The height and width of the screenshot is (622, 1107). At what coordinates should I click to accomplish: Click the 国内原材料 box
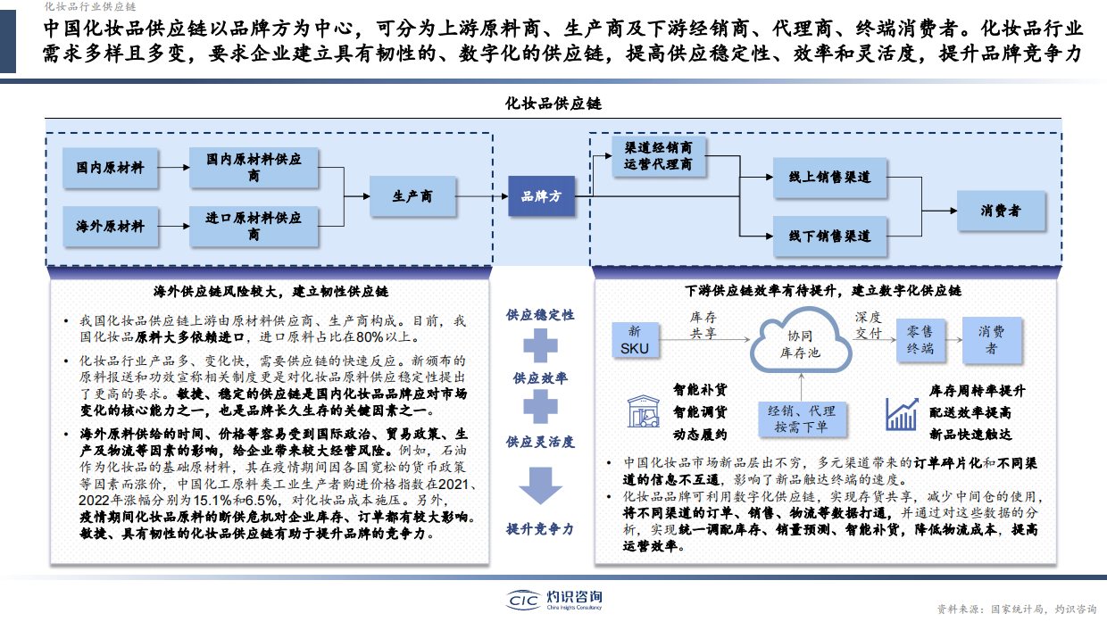pyautogui.click(x=110, y=168)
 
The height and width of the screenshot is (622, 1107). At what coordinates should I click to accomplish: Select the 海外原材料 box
pyautogui.click(x=110, y=227)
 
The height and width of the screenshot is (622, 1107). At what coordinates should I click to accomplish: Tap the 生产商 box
pyautogui.click(x=413, y=196)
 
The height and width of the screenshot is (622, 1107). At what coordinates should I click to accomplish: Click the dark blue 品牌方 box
pyautogui.click(x=542, y=196)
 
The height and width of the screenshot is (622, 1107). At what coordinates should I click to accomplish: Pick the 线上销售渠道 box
pyautogui.click(x=829, y=177)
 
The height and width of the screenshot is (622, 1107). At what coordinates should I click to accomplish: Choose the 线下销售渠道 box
pyautogui.click(x=829, y=236)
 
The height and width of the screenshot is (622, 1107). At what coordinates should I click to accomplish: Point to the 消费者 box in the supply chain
pyautogui.click(x=1001, y=211)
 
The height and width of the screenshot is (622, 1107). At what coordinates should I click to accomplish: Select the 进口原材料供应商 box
pyautogui.click(x=254, y=226)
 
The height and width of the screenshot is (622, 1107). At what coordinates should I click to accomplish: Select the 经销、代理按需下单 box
pyautogui.click(x=800, y=419)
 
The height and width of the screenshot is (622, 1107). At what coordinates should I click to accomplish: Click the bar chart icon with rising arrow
pyautogui.click(x=902, y=413)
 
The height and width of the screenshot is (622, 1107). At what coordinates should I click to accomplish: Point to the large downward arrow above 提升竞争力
pyautogui.click(x=541, y=488)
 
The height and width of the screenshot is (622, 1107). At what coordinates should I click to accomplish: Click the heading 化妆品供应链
pyautogui.click(x=553, y=104)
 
